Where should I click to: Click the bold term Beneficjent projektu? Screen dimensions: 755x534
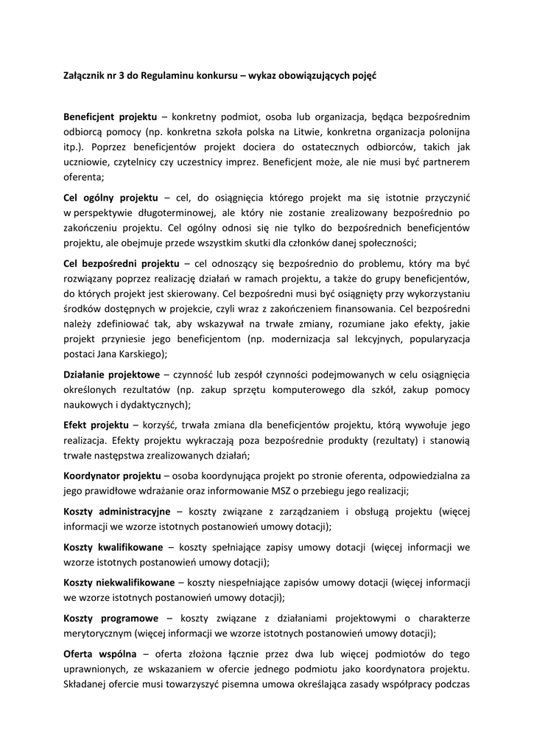[110, 117]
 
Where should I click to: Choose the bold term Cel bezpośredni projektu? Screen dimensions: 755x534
[122, 263]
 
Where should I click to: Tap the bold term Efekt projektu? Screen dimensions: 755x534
[96, 425]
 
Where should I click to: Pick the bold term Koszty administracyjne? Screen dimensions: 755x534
[117, 511]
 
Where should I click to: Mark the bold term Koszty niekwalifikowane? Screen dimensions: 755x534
[119, 582]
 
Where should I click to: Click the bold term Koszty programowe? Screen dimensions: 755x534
[111, 618]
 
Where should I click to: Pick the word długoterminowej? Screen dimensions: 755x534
[162, 214]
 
